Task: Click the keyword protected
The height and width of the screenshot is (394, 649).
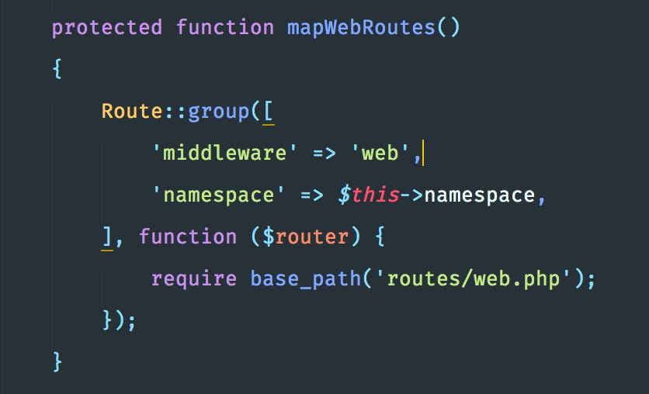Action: (x=106, y=28)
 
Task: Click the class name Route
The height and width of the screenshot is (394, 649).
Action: (x=132, y=111)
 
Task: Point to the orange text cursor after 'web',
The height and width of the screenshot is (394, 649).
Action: (x=425, y=153)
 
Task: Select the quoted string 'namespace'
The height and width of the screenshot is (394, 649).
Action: (x=217, y=194)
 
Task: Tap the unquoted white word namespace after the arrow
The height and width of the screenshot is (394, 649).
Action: (x=479, y=194)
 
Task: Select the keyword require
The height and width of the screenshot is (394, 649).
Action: (x=194, y=278)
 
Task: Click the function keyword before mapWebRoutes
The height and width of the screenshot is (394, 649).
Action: (x=224, y=28)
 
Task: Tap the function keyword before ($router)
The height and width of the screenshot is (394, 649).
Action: (x=187, y=236)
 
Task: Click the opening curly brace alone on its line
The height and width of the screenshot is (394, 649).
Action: (x=57, y=69)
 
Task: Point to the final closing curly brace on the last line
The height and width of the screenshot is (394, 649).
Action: (x=57, y=361)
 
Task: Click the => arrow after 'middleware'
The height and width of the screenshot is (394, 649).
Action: (x=324, y=153)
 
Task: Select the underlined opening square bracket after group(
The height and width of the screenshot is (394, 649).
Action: (x=269, y=111)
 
